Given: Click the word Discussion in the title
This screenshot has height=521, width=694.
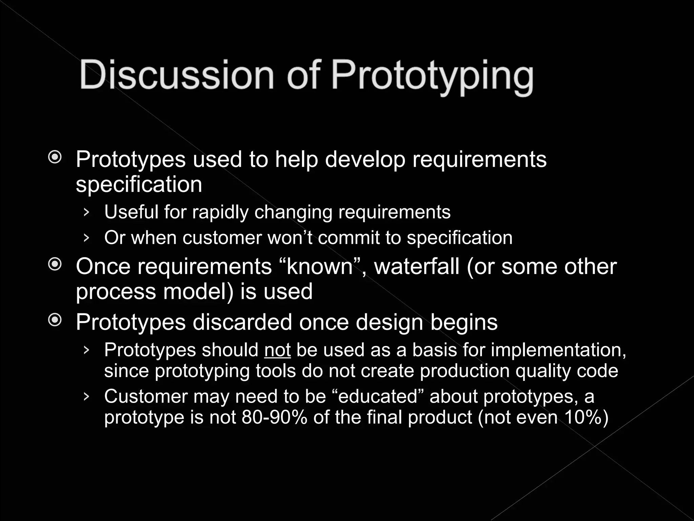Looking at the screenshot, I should [x=177, y=75].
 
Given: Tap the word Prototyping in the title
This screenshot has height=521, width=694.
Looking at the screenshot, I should [x=432, y=76].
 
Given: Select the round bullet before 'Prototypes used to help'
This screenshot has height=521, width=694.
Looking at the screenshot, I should [x=55, y=157].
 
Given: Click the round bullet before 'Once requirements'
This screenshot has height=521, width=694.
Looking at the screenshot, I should [x=55, y=264].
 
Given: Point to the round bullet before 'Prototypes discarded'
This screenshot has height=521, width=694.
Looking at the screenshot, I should [x=55, y=320].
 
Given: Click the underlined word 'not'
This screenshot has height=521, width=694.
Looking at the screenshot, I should [x=277, y=350].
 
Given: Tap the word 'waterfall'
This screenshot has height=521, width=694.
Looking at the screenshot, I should [x=417, y=267].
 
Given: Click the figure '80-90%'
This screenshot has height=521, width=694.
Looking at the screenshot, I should [x=274, y=417].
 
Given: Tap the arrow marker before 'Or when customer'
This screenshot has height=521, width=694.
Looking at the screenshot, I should [x=86, y=238].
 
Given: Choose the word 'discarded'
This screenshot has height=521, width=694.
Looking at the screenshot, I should [x=242, y=322].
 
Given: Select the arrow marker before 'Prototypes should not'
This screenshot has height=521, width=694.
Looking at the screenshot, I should [x=86, y=350].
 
